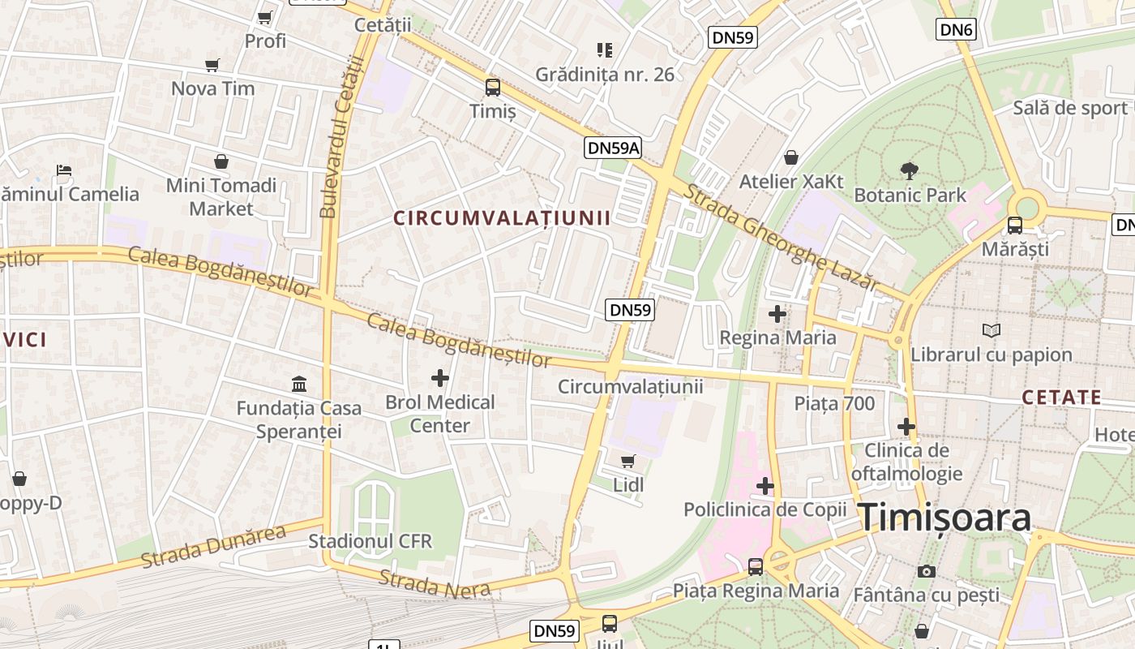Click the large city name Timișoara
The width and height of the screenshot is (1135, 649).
pos(944,518)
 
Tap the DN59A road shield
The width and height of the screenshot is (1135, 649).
pos(613,147)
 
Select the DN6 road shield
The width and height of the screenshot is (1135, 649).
pos(957,30)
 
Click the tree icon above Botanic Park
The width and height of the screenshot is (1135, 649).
pos(910,170)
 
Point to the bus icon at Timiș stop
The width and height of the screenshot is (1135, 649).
pos(492,88)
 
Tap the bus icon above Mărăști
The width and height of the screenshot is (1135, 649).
pos(1014,226)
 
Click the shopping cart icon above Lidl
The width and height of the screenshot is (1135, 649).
pos(627,461)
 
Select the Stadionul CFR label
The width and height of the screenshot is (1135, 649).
pos(370,541)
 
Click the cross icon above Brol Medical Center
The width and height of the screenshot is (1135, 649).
pos(439,377)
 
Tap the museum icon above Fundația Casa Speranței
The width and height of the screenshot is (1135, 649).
pos(299,384)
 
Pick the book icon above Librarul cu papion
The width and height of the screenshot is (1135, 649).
pos(991,330)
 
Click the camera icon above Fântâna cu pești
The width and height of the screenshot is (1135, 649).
pos(926,571)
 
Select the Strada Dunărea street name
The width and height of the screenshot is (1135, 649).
pos(213,547)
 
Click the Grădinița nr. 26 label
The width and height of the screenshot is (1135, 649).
pos(605,75)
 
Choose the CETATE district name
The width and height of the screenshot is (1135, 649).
pos(1061,398)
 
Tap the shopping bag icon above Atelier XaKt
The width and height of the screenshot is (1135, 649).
pos(790,157)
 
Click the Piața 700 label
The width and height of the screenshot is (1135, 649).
pos(834,403)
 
